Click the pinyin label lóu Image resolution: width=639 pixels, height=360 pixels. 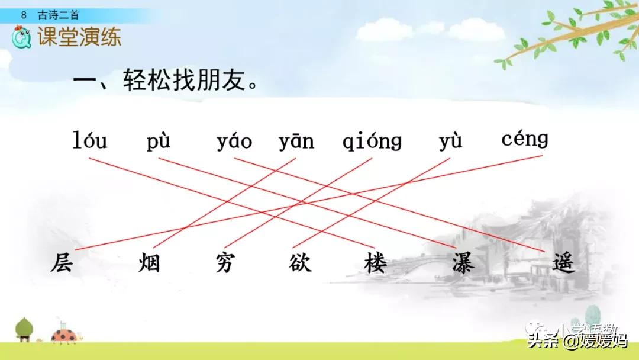90,142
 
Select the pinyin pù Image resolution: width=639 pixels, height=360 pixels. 159,142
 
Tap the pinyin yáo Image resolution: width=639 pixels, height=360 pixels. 234,142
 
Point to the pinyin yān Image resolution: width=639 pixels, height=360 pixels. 296,142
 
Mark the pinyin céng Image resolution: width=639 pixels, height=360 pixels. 525,140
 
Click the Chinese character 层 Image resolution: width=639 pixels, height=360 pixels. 62,262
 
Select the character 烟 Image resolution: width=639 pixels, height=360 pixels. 149,262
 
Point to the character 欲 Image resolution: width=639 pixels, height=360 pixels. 300,262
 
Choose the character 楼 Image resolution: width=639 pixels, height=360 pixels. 375,262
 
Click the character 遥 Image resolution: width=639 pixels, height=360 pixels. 563,262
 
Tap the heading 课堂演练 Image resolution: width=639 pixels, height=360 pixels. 79,37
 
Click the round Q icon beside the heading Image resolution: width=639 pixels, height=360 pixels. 22,38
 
